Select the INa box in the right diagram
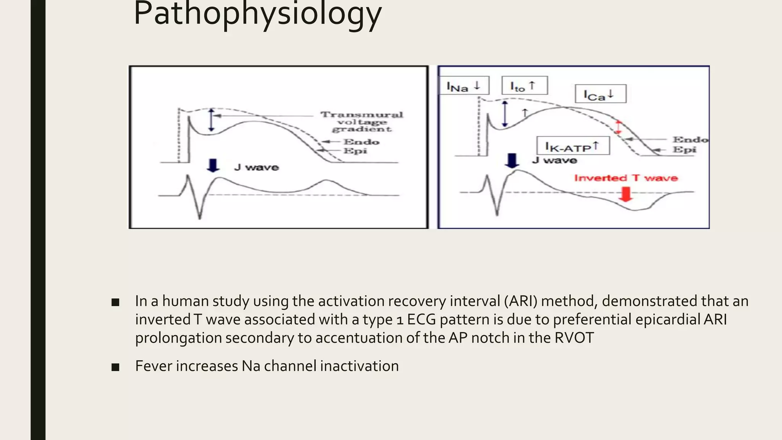(x=464, y=86)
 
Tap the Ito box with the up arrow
(x=524, y=86)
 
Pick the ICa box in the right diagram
(x=600, y=94)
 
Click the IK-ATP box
(x=573, y=146)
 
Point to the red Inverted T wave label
(x=626, y=178)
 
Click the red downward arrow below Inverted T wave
(x=625, y=194)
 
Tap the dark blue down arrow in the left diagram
(x=213, y=165)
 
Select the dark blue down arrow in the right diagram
(x=512, y=160)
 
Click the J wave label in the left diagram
(x=257, y=167)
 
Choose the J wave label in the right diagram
(x=554, y=160)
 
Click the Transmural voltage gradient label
(x=361, y=122)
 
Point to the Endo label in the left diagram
(x=361, y=142)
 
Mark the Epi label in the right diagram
(x=684, y=150)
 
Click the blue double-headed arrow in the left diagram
(x=212, y=120)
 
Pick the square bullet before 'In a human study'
(x=115, y=302)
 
